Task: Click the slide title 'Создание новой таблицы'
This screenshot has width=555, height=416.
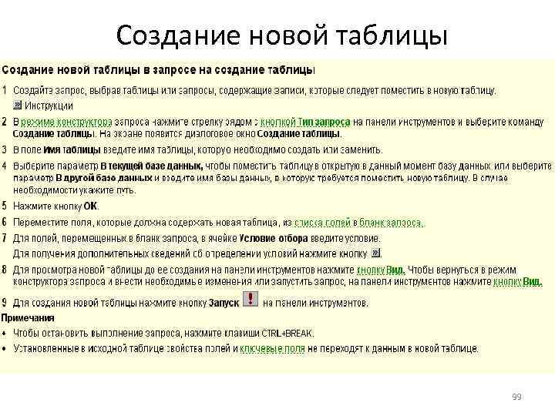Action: pos(281,34)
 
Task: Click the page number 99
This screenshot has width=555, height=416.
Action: pos(516,397)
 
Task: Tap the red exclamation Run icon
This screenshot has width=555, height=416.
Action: pos(251,300)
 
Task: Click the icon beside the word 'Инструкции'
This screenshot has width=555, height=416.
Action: pos(18,106)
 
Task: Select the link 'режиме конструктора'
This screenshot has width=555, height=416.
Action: pos(67,122)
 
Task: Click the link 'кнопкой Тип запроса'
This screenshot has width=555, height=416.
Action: pos(305,122)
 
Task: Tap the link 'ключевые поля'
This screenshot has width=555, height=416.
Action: pos(273,348)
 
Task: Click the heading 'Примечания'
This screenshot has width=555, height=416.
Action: pos(28,317)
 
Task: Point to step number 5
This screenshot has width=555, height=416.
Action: pos(5,206)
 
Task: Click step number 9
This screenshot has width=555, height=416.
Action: pos(5,302)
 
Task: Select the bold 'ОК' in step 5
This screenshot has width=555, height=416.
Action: pos(91,206)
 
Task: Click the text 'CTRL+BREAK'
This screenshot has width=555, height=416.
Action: pos(288,333)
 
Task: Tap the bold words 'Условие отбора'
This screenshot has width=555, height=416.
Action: pos(274,239)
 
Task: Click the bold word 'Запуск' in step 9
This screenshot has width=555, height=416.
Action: pos(224,303)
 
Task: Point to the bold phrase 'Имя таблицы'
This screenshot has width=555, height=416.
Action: pos(72,149)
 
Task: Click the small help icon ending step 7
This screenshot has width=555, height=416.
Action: pos(375,253)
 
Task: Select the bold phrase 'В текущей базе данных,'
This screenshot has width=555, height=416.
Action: pos(152,166)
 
